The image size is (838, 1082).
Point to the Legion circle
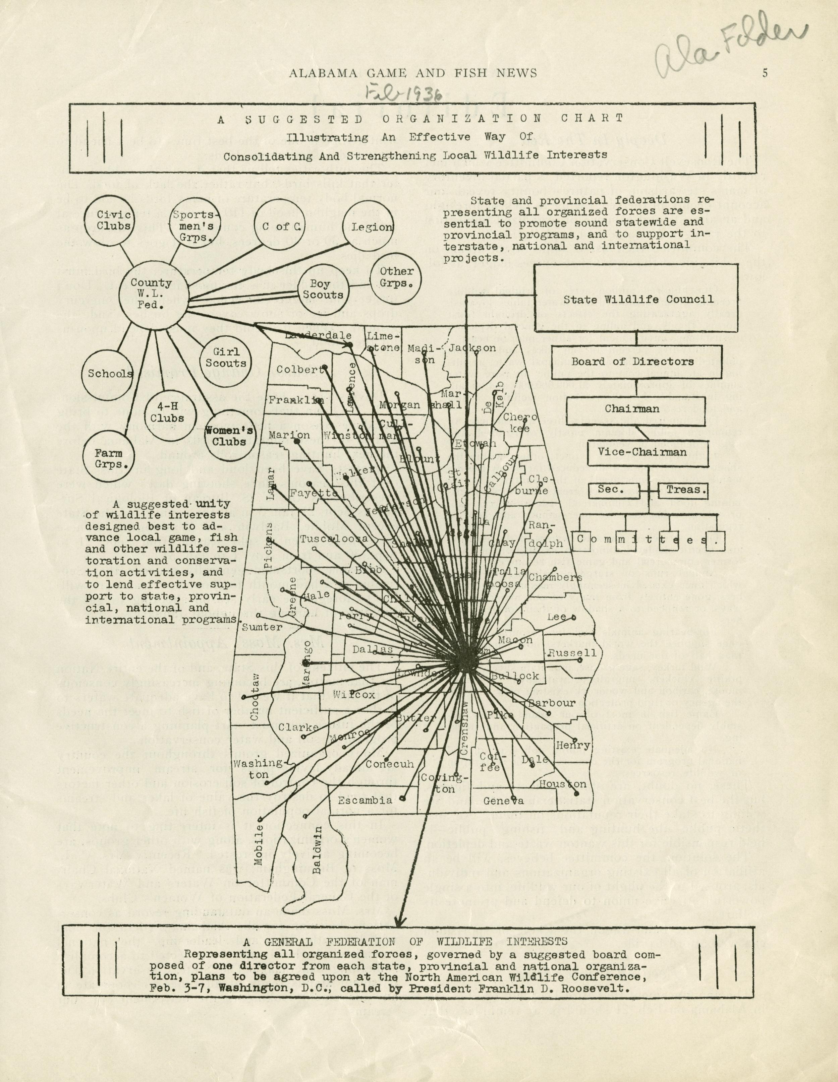pyautogui.click(x=372, y=228)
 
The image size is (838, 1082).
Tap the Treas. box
pyautogui.click(x=683, y=490)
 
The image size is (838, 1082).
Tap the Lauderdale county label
pyautogui.click(x=314, y=335)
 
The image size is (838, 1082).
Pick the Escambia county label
pyautogui.click(x=361, y=800)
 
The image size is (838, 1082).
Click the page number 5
pyautogui.click(x=765, y=73)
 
